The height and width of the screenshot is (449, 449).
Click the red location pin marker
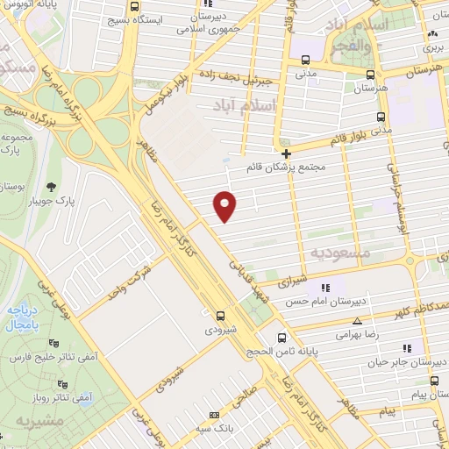point(225,204)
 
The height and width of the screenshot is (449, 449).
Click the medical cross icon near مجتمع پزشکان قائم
point(287,153)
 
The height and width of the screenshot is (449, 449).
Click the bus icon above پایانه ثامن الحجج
point(281,338)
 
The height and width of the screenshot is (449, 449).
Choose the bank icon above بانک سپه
point(213,415)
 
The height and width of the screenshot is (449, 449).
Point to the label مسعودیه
point(342,252)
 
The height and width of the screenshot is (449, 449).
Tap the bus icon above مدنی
point(304,61)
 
